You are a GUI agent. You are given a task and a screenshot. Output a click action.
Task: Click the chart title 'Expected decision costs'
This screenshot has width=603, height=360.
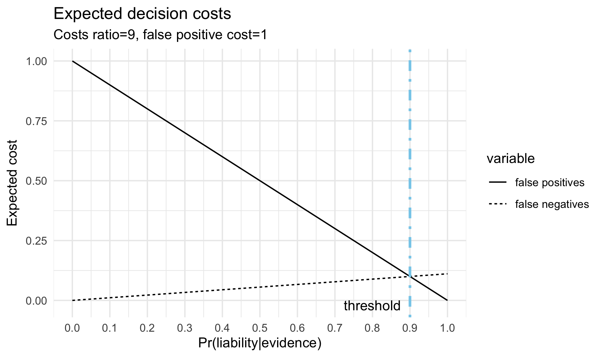(142, 14)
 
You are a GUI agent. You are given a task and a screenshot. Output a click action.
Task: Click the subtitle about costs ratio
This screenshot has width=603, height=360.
(160, 35)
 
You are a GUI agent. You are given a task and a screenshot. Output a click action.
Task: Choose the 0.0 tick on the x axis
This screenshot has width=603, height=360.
(72, 328)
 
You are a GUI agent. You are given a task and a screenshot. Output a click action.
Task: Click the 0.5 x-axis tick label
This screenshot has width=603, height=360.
(260, 328)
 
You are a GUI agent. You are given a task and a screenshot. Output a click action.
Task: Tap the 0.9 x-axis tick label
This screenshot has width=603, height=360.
(410, 328)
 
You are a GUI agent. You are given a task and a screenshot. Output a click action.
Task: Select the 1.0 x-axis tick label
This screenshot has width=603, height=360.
(447, 328)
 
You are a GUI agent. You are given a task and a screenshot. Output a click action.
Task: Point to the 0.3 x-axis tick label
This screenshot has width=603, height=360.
(185, 328)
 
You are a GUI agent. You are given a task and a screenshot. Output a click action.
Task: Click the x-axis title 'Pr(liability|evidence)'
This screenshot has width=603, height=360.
(260, 343)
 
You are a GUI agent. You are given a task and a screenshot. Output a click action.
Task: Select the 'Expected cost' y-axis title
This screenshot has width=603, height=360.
(12, 183)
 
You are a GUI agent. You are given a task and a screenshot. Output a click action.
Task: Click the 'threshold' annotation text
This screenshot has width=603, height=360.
(372, 306)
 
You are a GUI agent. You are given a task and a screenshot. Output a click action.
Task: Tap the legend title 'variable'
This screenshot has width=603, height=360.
(510, 159)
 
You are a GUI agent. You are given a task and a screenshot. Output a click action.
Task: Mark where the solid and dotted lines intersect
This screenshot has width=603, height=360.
(410, 276)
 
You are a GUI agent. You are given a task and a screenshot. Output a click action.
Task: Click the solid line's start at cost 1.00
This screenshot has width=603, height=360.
(72, 61)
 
